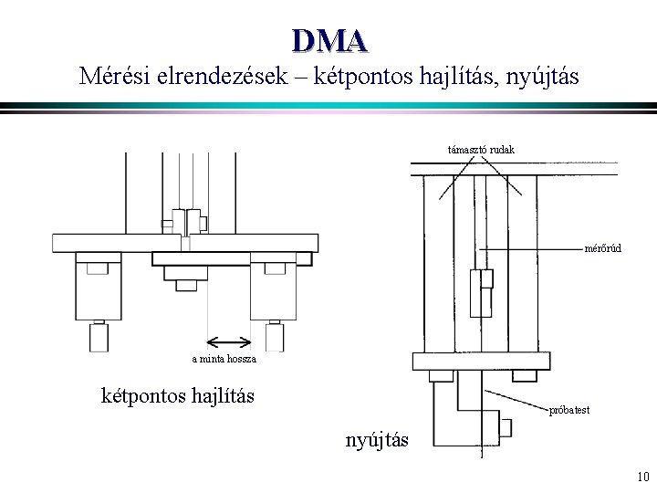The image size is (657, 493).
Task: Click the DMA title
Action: [329, 39]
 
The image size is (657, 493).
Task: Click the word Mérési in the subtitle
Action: [115, 75]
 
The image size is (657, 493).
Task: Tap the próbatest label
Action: [568, 410]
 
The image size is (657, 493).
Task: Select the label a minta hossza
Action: [224, 360]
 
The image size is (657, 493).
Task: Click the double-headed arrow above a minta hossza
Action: [230, 342]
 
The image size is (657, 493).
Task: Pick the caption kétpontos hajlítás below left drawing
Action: [177, 396]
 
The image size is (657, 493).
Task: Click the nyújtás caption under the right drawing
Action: [378, 441]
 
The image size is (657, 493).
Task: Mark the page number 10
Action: [641, 476]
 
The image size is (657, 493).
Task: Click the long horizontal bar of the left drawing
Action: [185, 243]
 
